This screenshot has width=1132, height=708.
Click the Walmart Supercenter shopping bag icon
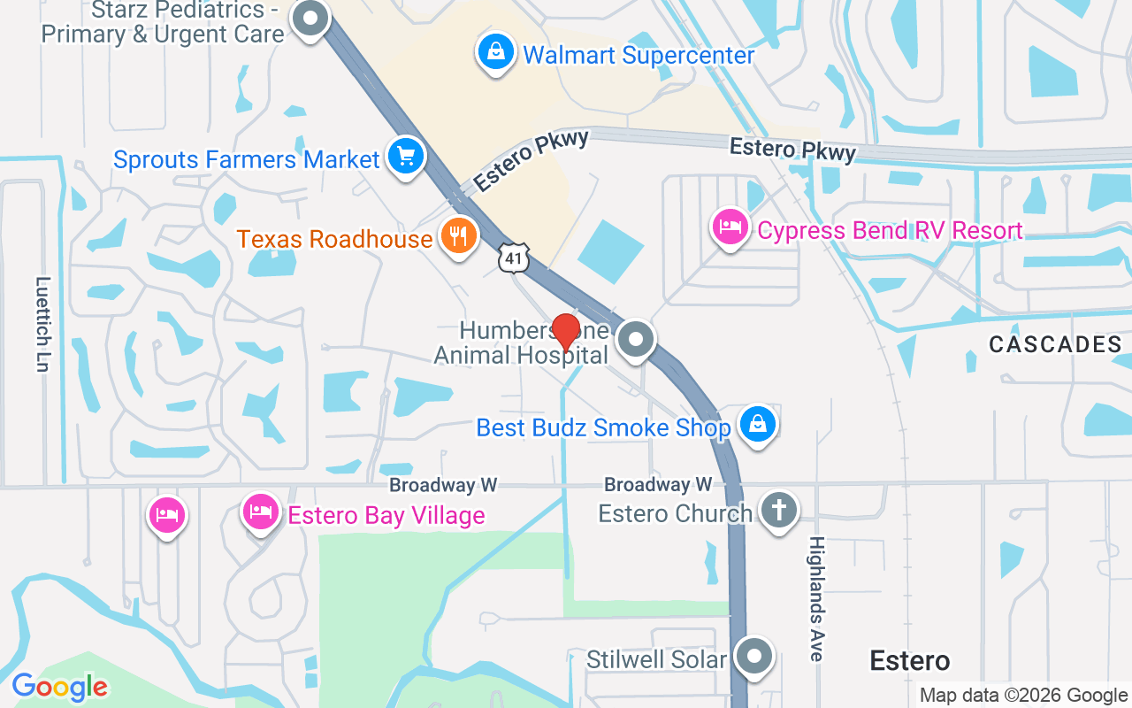point(497,51)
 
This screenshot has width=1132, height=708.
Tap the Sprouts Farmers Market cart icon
point(406,157)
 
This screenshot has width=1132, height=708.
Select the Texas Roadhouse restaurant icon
point(458,236)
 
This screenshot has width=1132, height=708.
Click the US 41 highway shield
point(514,258)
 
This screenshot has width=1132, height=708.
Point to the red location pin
point(565,332)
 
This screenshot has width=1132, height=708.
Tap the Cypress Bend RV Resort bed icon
point(730,227)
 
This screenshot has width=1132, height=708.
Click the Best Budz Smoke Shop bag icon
point(758,424)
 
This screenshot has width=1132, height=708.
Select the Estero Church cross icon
point(779,511)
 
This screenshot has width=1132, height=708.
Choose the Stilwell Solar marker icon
point(754,657)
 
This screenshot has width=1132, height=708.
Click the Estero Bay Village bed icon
point(261,512)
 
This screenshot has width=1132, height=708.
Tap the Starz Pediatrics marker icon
point(310,19)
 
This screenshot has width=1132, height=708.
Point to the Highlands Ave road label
point(816,598)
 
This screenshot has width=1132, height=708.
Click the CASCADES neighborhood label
point(1055,344)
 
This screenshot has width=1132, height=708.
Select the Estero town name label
point(909,660)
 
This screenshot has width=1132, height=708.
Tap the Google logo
point(59,687)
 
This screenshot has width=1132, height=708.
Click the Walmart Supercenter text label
point(639,55)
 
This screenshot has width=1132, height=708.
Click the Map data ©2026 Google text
point(1023,696)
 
